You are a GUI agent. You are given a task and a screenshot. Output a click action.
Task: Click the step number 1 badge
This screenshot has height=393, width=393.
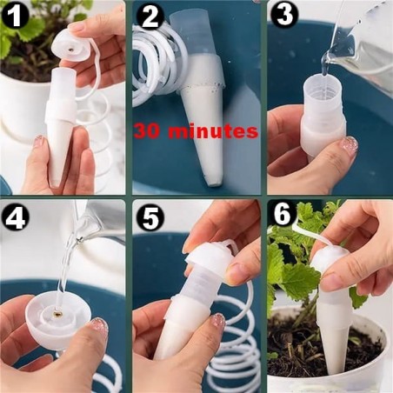coord(15,15)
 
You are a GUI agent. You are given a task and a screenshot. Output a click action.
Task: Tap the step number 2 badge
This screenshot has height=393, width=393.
coord(150,17)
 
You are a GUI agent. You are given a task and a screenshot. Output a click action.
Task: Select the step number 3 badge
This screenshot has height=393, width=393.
coord(283,15)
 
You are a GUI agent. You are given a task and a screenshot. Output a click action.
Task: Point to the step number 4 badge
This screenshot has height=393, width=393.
coord(15,216)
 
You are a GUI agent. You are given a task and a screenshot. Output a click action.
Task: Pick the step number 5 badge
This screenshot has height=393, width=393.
coord(150,218)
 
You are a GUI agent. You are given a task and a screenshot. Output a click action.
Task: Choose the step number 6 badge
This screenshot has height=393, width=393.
coord(283,215)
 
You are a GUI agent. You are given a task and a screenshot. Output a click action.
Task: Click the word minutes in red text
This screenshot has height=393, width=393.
coord(213,131)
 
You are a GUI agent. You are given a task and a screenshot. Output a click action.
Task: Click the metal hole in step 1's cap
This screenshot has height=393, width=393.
coord(71,50)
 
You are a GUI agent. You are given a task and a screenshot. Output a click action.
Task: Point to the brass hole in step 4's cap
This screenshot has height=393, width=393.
coord(58,313)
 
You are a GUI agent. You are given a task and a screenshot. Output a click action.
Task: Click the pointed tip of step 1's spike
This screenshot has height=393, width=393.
coord(55,185)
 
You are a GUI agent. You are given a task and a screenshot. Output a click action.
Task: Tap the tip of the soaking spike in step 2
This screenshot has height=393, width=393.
coord(215,183)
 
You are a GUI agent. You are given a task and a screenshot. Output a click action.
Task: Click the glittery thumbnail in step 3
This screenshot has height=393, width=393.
coord(350,143)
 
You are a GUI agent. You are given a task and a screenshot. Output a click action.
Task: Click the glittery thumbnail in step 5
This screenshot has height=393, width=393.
coord(217,320)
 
